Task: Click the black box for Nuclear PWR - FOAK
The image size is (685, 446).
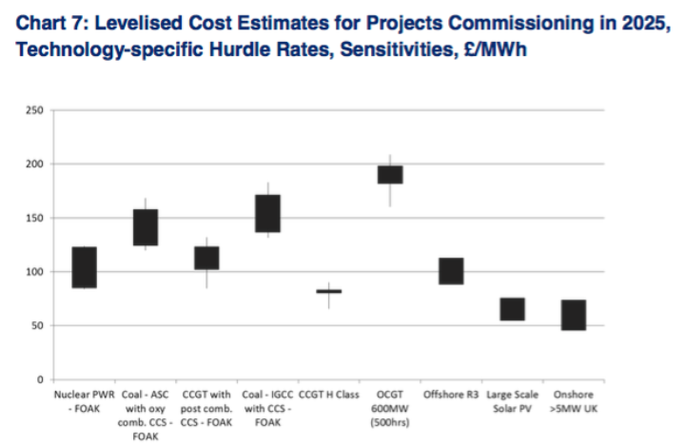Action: tap(85, 267)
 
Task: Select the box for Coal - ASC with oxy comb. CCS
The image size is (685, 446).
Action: tap(146, 227)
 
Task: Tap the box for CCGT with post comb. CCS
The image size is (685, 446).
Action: tap(206, 258)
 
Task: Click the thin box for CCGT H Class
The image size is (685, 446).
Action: tap(328, 291)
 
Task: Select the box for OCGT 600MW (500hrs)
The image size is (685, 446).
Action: tap(390, 174)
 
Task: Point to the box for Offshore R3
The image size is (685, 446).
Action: tap(451, 271)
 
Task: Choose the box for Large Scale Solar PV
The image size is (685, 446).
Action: tap(512, 309)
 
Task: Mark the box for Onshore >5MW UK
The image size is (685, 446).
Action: tap(573, 315)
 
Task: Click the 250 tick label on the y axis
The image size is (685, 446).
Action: tap(36, 111)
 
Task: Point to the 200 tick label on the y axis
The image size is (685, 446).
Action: tap(36, 165)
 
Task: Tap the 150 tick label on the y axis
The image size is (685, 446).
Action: tap(36, 219)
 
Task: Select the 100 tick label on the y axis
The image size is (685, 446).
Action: tap(36, 272)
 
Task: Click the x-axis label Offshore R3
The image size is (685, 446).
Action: tap(451, 392)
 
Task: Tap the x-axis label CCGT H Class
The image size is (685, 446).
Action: tap(328, 392)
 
